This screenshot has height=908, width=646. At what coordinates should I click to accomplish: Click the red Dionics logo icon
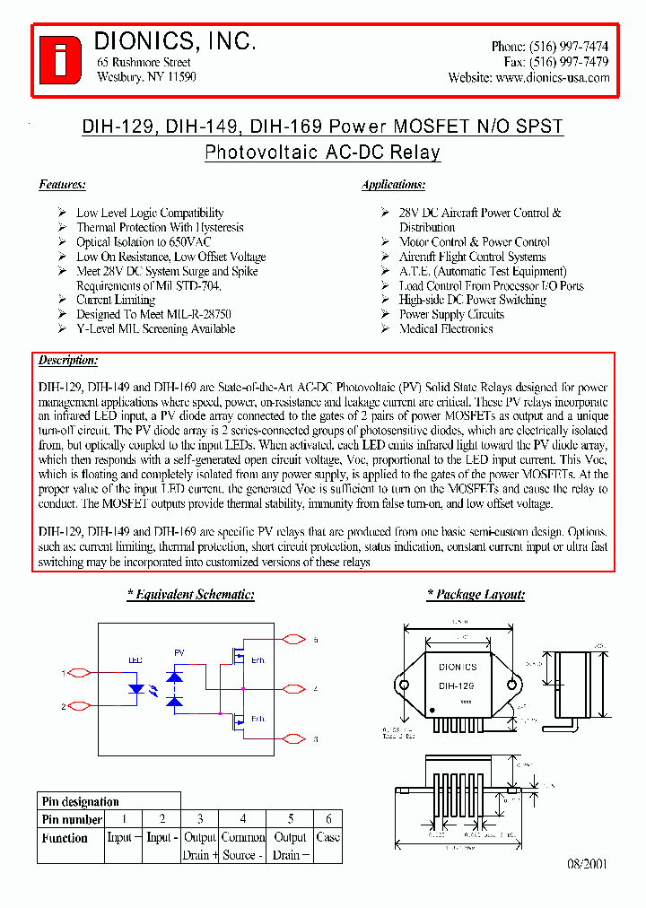60,58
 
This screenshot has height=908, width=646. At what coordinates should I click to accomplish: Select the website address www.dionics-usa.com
552,78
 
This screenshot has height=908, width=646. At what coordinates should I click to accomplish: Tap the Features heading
62,185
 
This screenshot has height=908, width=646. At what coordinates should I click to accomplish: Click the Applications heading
393,185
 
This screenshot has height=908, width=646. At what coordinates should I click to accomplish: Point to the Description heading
68,360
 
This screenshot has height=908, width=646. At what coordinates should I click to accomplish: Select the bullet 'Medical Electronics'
446,329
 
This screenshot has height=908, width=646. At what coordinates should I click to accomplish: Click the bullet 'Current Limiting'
116,300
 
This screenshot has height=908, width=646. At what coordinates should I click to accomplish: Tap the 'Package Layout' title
476,595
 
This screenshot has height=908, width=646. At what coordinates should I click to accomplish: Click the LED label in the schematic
135,660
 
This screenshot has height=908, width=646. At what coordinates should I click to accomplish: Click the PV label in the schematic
179,653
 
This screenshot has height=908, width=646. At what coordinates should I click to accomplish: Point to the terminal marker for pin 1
77,673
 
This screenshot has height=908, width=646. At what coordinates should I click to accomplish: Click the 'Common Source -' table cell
243,846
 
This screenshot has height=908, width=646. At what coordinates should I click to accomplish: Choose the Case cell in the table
328,837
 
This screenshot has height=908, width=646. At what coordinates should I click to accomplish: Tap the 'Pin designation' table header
80,801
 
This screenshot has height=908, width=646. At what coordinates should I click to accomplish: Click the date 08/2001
587,864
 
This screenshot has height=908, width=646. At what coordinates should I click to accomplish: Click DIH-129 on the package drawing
457,685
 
